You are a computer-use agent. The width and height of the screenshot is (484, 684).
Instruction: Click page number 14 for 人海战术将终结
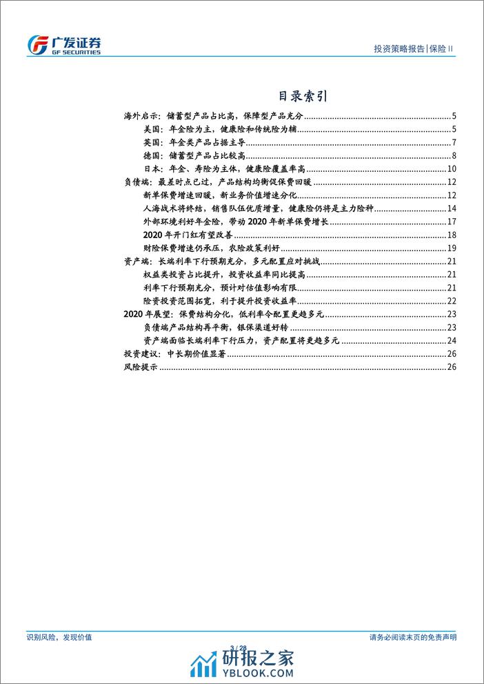click(x=452, y=208)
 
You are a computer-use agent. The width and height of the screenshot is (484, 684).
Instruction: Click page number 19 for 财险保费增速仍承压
click(x=452, y=248)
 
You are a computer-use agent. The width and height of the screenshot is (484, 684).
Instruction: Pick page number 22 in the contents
click(x=452, y=301)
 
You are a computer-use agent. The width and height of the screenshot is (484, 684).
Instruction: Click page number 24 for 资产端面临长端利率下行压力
click(x=452, y=340)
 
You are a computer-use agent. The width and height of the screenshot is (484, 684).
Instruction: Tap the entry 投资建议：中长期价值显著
click(x=175, y=354)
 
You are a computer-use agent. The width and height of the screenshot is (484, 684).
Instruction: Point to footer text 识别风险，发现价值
click(x=63, y=637)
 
